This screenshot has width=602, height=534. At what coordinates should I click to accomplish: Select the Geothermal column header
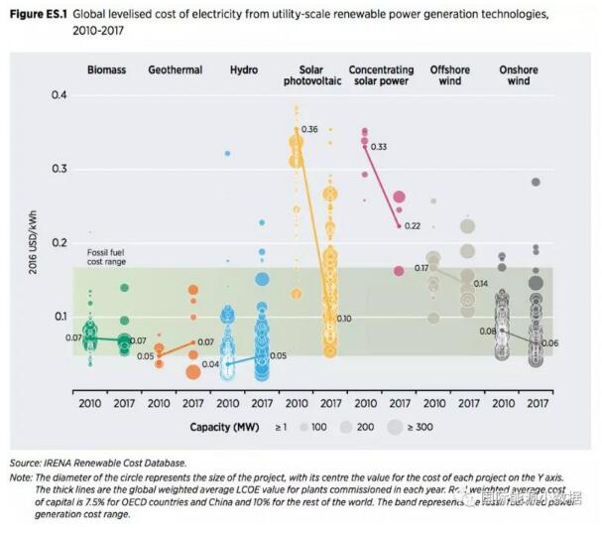176,69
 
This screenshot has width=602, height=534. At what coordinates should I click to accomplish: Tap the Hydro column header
245,69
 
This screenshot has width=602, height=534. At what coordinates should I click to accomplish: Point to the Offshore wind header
450,75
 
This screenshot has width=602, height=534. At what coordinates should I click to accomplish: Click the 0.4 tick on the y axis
60,95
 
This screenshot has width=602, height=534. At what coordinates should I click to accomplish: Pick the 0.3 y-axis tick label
60,170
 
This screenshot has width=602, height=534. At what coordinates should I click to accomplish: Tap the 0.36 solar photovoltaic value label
309,130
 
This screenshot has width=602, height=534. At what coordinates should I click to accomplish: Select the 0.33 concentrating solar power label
378,147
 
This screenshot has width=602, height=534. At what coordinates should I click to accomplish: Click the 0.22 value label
413,226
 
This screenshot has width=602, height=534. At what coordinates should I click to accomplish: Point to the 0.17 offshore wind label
421,268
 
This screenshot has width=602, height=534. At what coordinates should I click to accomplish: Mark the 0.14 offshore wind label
481,284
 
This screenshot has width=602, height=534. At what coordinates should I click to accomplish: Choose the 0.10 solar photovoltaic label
345,318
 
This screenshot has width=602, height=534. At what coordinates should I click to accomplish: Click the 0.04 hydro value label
211,364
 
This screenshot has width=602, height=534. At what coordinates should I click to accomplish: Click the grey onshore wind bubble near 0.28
536,182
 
